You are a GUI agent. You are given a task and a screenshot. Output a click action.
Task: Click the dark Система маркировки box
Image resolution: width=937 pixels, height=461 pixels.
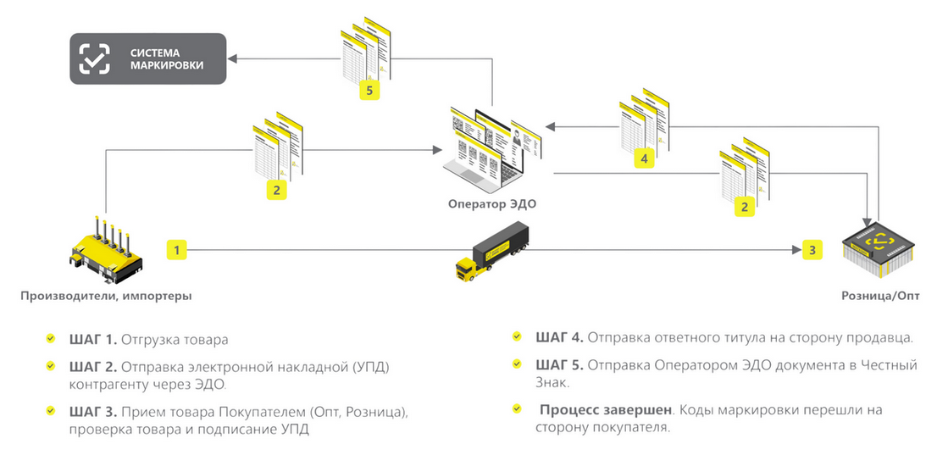pos(147,58)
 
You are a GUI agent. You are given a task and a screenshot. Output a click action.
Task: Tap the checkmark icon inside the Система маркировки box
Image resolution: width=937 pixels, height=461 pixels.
pos(94,58)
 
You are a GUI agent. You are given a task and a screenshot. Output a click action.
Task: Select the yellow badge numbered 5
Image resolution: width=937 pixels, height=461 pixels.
pos(368,90)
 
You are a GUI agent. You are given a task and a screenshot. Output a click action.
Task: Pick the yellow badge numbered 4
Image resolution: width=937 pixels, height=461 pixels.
pos(644,158)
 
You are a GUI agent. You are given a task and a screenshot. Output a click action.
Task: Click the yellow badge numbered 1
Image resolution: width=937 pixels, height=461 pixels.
pos(175,250)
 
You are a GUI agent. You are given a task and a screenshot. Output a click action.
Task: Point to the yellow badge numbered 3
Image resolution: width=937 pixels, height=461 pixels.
pos(812,250)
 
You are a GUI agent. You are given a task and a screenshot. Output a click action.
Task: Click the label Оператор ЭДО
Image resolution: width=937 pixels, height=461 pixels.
pos(492,203)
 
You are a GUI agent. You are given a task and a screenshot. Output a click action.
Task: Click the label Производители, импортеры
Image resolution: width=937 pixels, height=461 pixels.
pos(106,296)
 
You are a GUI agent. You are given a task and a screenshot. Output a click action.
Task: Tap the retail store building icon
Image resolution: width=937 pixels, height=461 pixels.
pos(880,251)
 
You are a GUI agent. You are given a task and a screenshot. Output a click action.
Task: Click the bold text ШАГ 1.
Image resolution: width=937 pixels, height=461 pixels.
pos(92,340)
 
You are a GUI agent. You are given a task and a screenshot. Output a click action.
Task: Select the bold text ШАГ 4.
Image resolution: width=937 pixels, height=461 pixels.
pos(558,337)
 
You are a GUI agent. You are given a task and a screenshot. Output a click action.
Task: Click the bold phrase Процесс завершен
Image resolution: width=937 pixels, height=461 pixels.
pos(604,409)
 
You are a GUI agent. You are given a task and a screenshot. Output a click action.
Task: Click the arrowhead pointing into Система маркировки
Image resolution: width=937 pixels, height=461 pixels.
pos(232,58)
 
